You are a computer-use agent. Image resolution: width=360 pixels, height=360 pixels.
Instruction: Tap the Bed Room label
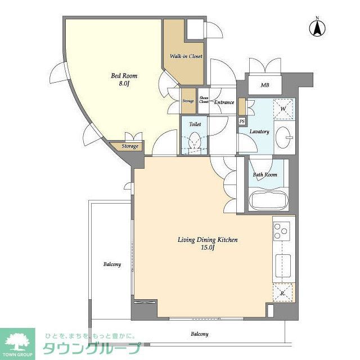(x=123, y=76)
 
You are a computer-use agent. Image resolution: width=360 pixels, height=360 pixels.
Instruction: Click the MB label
(x=264, y=85)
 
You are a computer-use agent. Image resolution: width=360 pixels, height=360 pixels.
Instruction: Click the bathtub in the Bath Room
(x=267, y=200)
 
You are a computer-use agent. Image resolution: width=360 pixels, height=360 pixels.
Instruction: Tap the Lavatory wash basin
(x=286, y=136)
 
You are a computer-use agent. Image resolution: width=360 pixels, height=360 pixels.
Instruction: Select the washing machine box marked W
(x=284, y=109)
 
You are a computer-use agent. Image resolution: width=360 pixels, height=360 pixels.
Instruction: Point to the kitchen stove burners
(x=281, y=231)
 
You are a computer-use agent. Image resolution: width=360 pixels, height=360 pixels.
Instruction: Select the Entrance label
(x=224, y=102)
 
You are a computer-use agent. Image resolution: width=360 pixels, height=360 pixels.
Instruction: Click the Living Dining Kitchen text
(x=208, y=240)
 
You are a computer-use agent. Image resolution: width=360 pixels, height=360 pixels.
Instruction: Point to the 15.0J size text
(x=208, y=248)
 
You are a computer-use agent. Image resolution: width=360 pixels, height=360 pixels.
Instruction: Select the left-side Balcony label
(x=112, y=264)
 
